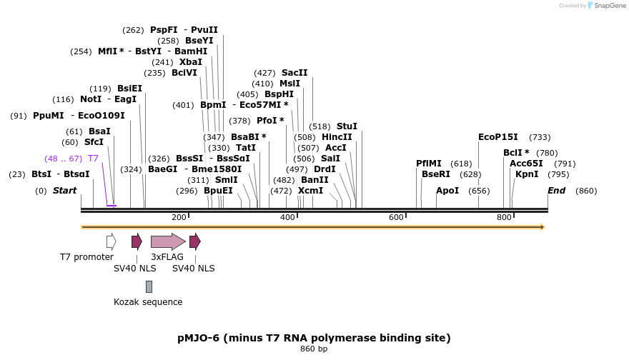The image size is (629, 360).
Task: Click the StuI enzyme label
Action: [x=347, y=126]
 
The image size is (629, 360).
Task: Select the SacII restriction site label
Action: [x=294, y=73]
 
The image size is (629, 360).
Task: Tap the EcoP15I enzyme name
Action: [x=498, y=137]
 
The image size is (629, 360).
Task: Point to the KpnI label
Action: [x=527, y=174]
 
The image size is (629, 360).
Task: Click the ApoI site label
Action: [x=447, y=191]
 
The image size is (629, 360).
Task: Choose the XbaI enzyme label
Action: [x=191, y=62]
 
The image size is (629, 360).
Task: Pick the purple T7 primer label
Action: [x=93, y=159]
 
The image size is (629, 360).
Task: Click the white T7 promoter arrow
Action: [x=111, y=241]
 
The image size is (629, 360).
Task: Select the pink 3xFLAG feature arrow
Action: [x=168, y=241]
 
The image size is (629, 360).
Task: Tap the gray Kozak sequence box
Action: [x=149, y=286]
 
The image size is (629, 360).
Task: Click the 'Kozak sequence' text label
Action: [x=148, y=302]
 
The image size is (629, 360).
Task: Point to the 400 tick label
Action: [x=287, y=217]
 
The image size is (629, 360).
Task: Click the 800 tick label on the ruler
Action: [x=504, y=217]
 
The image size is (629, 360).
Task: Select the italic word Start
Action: [x=64, y=191]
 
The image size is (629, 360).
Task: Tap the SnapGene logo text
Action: [x=608, y=6]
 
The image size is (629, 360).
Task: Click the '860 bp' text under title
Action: [x=314, y=349]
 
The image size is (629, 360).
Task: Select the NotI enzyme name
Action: [x=91, y=99]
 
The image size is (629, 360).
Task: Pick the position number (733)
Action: [x=540, y=137]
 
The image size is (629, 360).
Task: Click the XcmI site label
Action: [x=310, y=191]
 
